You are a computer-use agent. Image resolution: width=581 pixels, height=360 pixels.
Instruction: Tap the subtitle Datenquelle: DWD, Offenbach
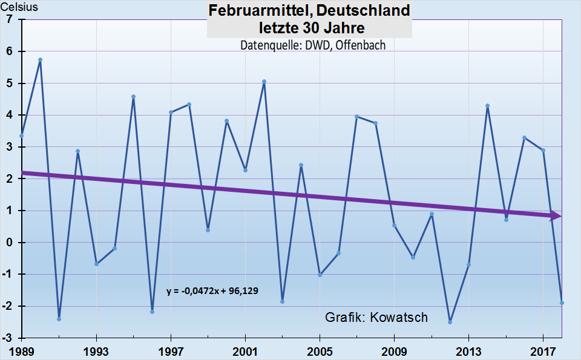click(x=313, y=45)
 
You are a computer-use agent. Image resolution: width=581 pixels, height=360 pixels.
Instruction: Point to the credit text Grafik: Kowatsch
click(x=376, y=318)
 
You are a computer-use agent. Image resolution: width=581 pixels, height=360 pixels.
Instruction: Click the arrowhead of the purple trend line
click(x=556, y=216)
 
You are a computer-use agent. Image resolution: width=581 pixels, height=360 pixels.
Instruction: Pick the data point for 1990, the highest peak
click(x=40, y=60)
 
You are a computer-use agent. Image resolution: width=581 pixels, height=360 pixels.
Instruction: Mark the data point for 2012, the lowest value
click(x=450, y=322)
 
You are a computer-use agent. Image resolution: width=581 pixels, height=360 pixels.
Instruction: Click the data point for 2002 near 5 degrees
click(x=264, y=82)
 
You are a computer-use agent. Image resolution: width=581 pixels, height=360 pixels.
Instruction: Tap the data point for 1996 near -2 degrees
click(x=152, y=312)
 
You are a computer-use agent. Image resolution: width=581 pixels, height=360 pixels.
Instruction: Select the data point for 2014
click(x=487, y=106)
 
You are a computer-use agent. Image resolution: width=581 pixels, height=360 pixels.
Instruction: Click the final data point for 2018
click(x=562, y=303)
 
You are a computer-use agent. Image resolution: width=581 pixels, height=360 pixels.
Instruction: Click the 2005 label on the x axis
click(x=320, y=351)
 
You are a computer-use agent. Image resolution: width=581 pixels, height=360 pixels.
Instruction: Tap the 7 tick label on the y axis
click(x=8, y=19)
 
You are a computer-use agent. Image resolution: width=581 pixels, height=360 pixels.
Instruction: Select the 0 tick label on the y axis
click(x=8, y=243)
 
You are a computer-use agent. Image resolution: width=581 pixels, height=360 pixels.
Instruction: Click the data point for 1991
click(x=59, y=319)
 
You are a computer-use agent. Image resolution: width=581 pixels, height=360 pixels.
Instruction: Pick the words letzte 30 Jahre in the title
click(x=309, y=28)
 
